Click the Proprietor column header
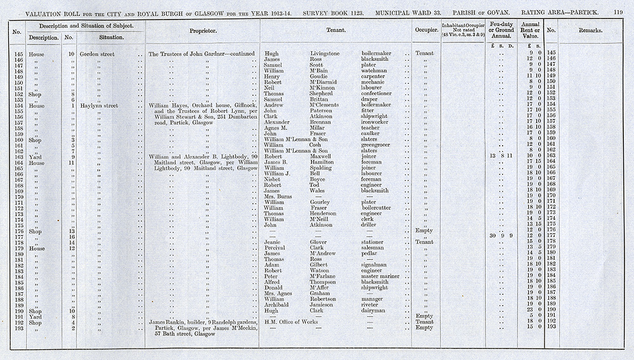[203, 30]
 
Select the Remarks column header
[590, 30]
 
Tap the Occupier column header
[425, 30]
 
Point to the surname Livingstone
[330, 54]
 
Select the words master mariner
[380, 276]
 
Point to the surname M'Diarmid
[327, 82]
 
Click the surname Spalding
[324, 167]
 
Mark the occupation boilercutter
[379, 207]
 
